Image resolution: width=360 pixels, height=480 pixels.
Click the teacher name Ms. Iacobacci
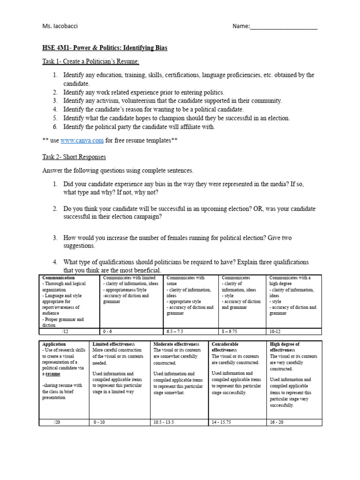pyautogui.click(x=60, y=26)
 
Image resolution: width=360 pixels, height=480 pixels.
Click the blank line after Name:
pyautogui.click(x=284, y=27)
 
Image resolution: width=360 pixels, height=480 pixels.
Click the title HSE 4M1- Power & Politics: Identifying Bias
pyautogui.click(x=105, y=48)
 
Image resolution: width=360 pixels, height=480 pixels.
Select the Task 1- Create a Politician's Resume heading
pyautogui.click(x=90, y=62)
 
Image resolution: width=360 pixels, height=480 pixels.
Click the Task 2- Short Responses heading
pyautogui.click(x=74, y=157)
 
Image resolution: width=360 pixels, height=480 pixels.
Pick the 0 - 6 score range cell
pyautogui.click(x=109, y=330)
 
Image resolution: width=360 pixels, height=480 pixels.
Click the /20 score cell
pyautogui.click(x=57, y=422)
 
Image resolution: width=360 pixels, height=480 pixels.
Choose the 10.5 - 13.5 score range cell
pyautogui.click(x=164, y=422)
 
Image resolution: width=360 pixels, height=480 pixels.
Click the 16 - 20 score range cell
pyautogui.click(x=277, y=422)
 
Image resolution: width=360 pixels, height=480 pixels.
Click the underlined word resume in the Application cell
pyautogui.click(x=52, y=374)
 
